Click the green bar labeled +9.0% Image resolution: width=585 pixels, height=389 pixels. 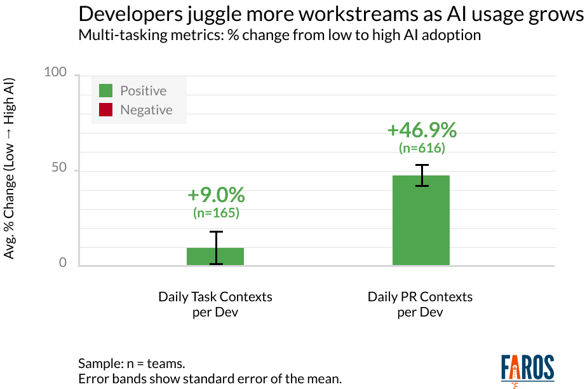coord(215,256)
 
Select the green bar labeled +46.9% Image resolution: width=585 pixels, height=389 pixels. coord(420,221)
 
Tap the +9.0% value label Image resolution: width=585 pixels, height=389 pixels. coord(216,196)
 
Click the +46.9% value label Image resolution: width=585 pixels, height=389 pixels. coord(422,130)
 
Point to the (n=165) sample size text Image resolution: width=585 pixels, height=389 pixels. coord(216,213)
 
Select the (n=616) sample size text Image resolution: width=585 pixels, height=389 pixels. coord(422,147)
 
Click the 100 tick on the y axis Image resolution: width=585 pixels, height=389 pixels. coord(55,72)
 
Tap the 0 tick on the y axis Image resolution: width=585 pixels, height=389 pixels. coord(63,263)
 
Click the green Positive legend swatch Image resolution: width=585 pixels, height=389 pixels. coord(105,91)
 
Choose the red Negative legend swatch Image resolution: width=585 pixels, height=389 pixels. coord(105,110)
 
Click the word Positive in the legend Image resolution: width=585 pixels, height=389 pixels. coord(143,91)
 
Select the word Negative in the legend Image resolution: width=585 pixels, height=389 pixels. coord(146,110)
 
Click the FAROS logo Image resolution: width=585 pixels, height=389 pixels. coord(527,369)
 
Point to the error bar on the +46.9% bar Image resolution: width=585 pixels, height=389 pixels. coord(422,178)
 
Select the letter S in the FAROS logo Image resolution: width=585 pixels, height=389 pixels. coord(548,368)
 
